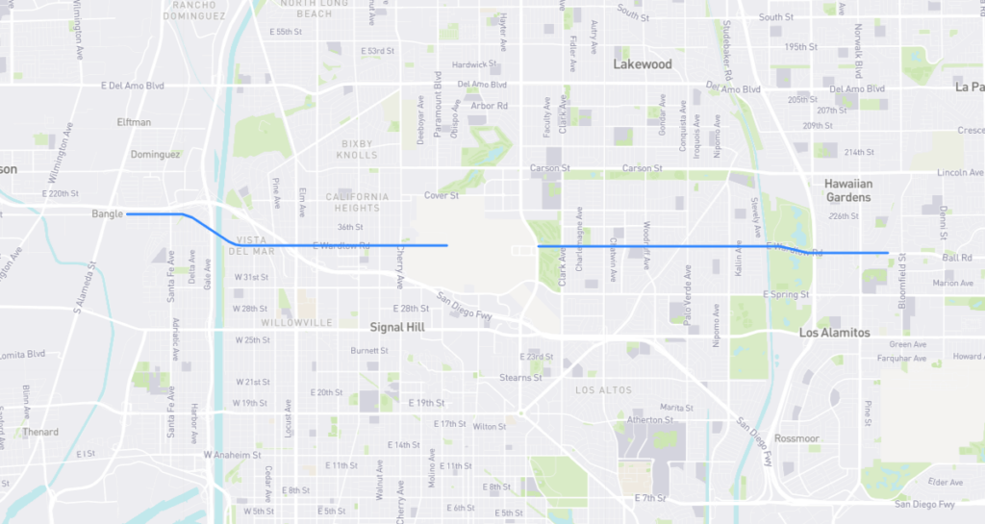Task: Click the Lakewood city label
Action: pyautogui.click(x=643, y=64)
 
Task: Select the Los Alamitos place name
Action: pyautogui.click(x=834, y=333)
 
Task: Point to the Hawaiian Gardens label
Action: pyautogui.click(x=847, y=189)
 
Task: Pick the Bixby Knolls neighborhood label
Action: pyautogui.click(x=357, y=149)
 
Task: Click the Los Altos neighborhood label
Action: pyautogui.click(x=603, y=390)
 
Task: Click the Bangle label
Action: pyautogui.click(x=108, y=213)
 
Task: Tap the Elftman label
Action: pyautogui.click(x=134, y=122)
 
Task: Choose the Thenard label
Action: pyautogui.click(x=41, y=432)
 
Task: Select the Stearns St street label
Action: pyautogui.click(x=522, y=378)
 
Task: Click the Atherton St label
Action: pyautogui.click(x=650, y=420)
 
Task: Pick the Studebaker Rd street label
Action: pyautogui.click(x=728, y=61)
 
